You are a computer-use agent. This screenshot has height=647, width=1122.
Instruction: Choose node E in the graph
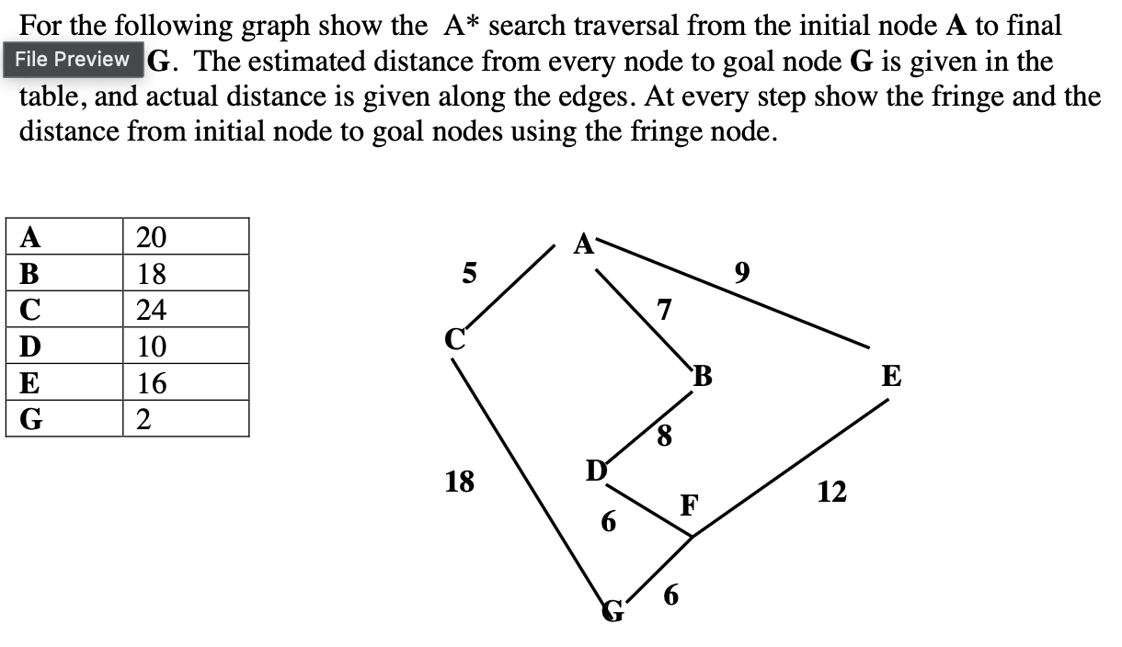891,377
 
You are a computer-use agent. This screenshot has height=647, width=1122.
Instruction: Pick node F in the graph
690,505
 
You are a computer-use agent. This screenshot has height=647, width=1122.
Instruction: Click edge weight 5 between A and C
469,273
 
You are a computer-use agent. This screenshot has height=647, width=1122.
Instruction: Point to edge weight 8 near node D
664,432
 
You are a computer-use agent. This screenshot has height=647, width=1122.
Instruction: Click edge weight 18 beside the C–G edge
460,481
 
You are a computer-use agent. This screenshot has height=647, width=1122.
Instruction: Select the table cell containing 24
186,310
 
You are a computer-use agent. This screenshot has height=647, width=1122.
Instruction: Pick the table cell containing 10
186,346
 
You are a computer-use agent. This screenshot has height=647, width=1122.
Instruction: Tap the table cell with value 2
186,419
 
